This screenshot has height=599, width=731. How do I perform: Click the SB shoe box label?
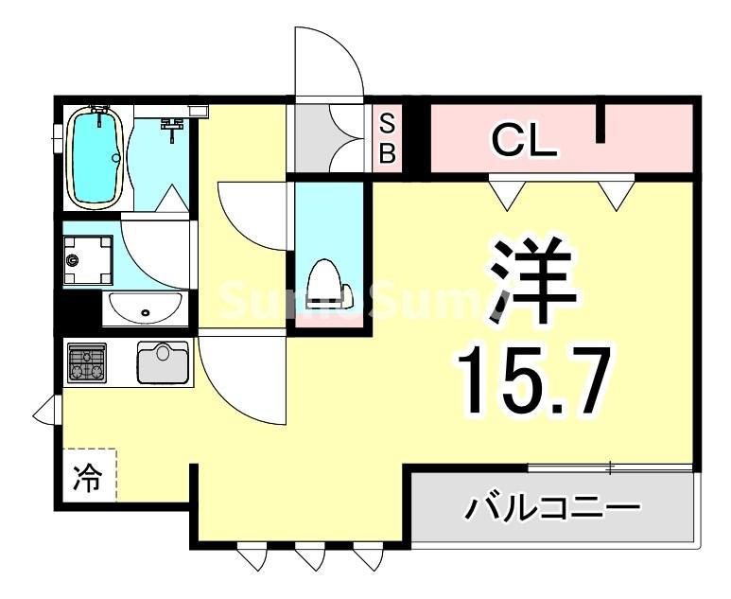[x=387, y=138]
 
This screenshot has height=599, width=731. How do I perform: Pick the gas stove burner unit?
[x=87, y=362]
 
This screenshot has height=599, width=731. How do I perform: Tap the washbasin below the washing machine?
[x=145, y=308]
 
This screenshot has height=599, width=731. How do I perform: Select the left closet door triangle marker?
[x=508, y=194]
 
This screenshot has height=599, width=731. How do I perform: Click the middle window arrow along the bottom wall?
[x=309, y=558]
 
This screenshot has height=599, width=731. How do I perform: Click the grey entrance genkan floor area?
[x=326, y=138]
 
